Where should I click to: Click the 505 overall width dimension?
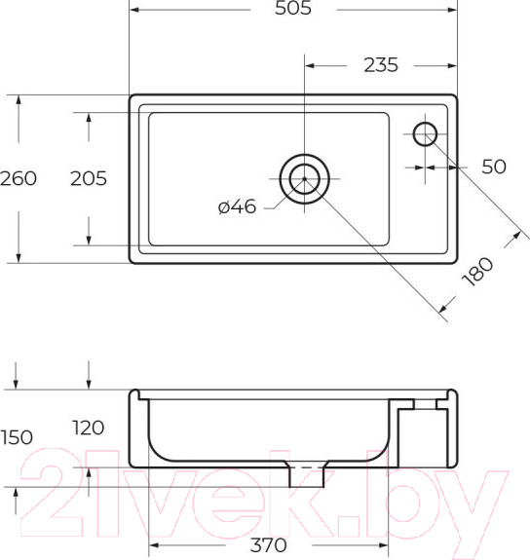(292, 10)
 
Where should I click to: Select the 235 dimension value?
(381, 65)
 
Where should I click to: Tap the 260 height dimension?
(19, 178)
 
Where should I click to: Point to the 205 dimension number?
(89, 178)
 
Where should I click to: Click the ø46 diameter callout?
(237, 206)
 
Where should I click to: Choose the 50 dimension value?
(494, 167)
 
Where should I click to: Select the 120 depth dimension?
(89, 429)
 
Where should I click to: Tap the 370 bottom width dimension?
(269, 545)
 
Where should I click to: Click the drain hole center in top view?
(304, 179)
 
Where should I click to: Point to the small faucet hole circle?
(425, 133)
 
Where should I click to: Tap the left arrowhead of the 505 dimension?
(134, 10)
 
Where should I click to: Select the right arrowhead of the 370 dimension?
(384, 545)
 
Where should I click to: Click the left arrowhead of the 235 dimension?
(311, 65)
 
